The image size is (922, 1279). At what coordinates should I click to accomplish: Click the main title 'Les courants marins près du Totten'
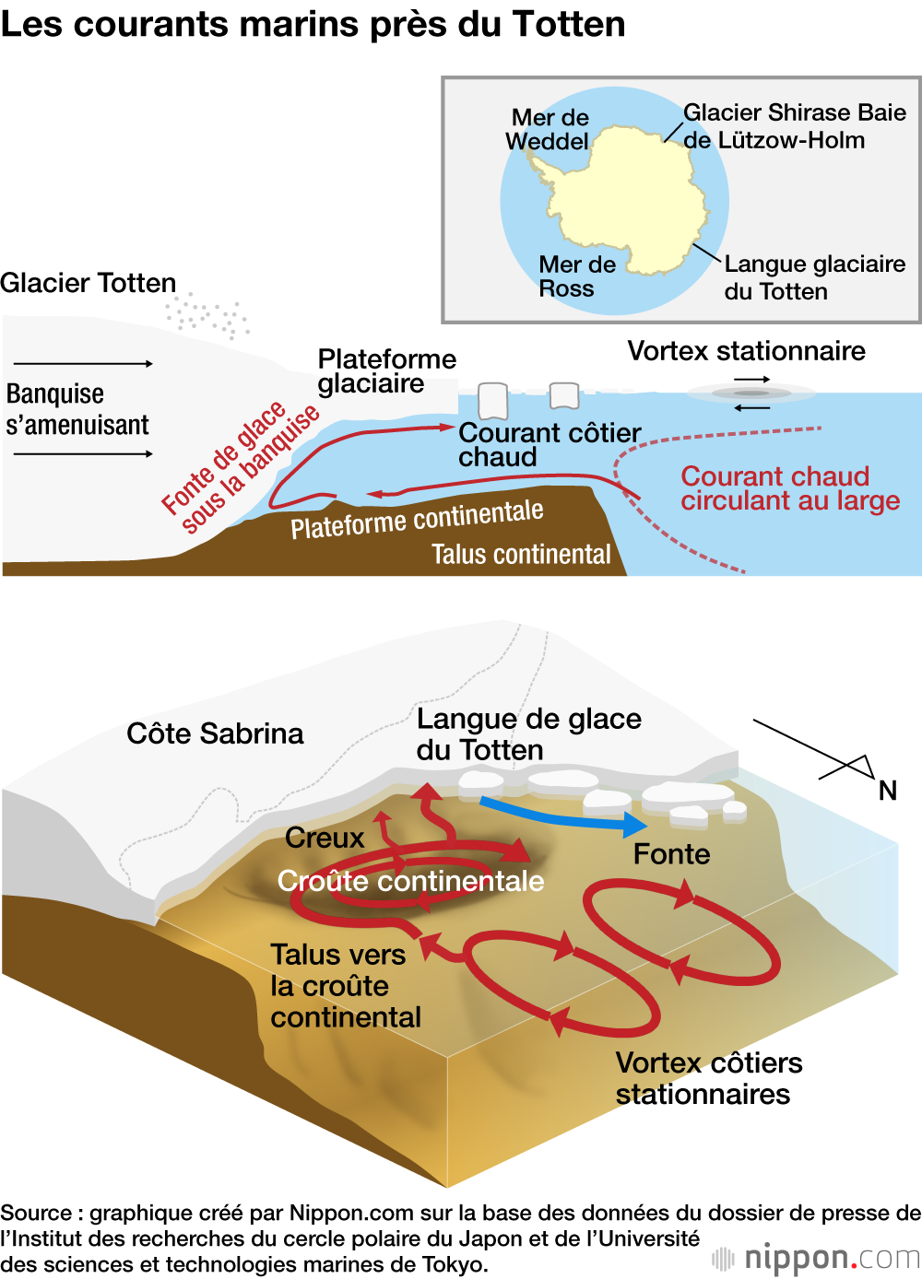[x=313, y=25]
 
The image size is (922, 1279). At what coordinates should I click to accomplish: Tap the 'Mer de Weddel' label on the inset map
[x=549, y=130]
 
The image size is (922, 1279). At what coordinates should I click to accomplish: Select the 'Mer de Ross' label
[x=576, y=276]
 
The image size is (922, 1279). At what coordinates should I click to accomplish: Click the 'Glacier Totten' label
[x=89, y=283]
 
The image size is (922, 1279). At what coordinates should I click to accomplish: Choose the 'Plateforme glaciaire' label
[x=386, y=370]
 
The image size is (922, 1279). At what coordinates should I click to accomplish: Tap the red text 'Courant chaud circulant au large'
[x=789, y=488]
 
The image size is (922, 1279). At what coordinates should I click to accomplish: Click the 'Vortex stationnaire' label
[x=746, y=351]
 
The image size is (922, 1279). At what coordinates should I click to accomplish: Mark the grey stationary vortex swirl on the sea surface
[x=751, y=393]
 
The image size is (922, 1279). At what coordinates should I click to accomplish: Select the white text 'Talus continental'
[x=521, y=554]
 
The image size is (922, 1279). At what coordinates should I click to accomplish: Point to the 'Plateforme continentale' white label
[x=417, y=519]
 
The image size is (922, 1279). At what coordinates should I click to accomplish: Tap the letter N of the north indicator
[x=887, y=791]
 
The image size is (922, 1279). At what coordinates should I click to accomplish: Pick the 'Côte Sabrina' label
[x=215, y=733]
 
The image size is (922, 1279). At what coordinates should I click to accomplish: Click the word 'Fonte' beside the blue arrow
[x=671, y=854]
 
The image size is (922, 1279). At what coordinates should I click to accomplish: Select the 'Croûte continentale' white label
[x=410, y=881]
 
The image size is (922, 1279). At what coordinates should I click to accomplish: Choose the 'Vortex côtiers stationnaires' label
[x=708, y=1078]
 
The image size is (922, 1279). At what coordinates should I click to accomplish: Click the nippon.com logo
[x=816, y=1257]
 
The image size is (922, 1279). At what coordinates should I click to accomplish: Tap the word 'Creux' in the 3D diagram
[x=325, y=838]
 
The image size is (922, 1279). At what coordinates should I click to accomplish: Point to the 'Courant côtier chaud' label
[x=549, y=444]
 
